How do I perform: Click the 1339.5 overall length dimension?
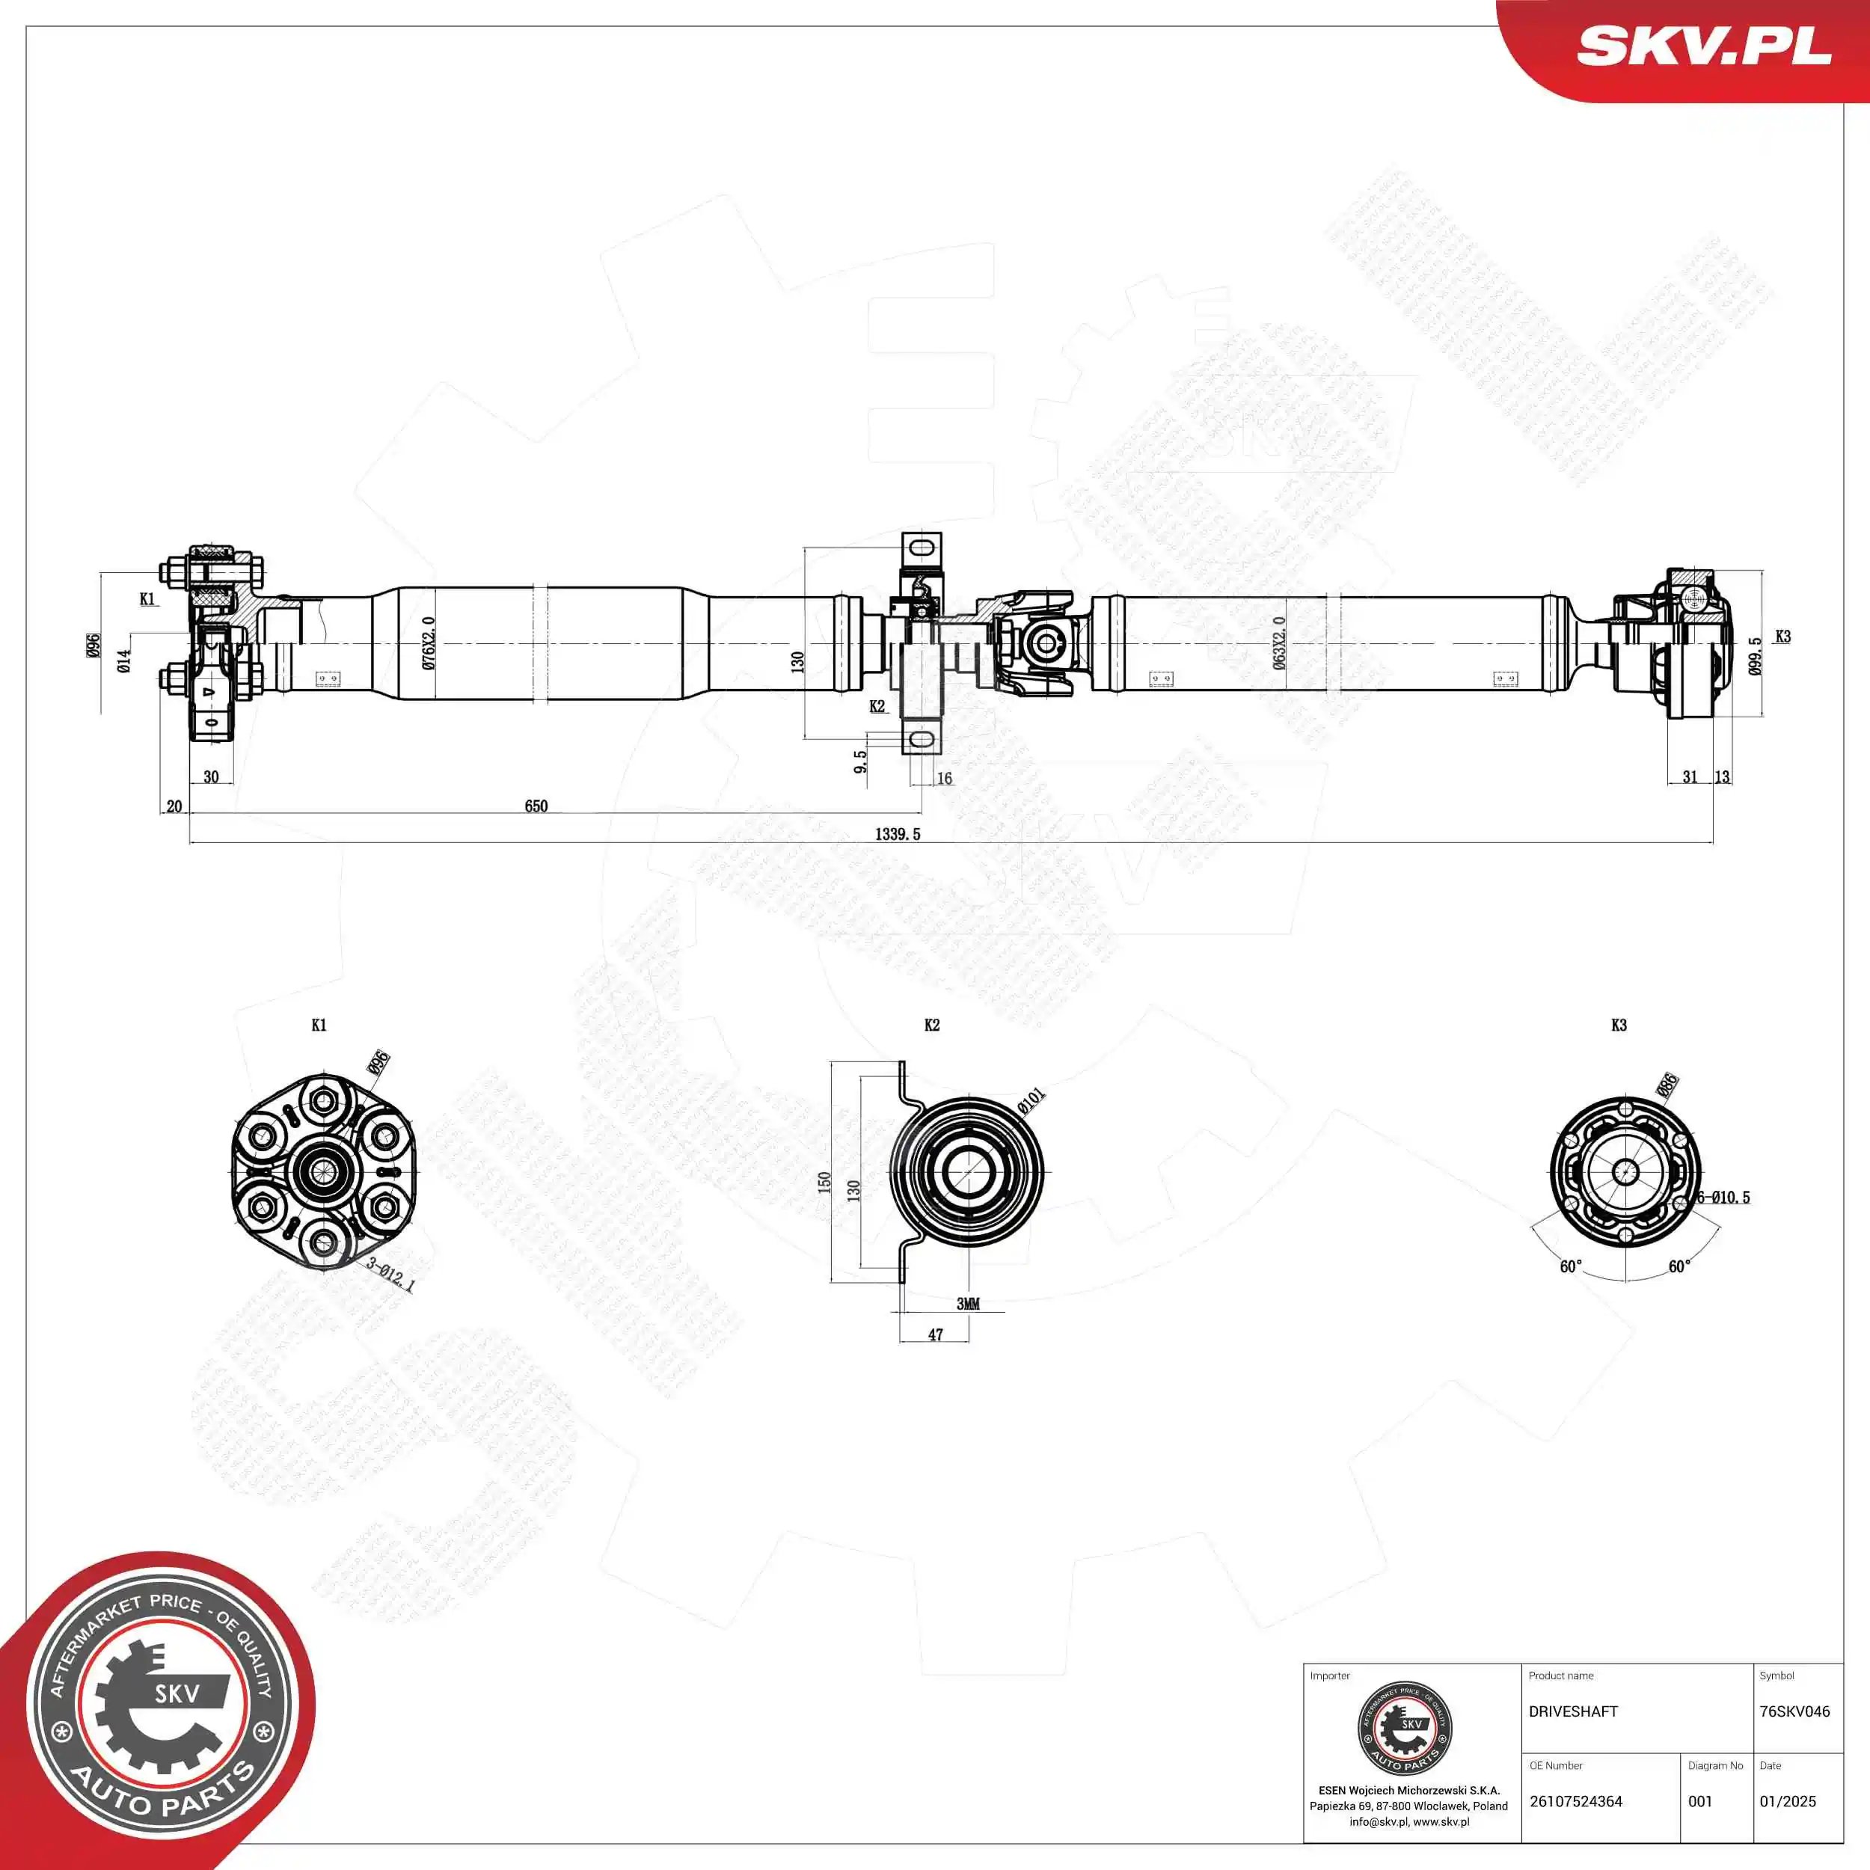[x=898, y=833]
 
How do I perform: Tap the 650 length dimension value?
[x=536, y=806]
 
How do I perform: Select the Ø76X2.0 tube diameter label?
[x=429, y=643]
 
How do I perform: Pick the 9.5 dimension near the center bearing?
[x=860, y=761]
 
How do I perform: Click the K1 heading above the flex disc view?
[x=319, y=1025]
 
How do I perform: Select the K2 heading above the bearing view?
[x=932, y=1025]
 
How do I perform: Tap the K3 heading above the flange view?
[x=1619, y=1025]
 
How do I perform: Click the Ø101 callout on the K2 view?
[x=1031, y=1100]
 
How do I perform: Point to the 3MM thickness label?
[x=968, y=1304]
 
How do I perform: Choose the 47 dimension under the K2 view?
[x=935, y=1334]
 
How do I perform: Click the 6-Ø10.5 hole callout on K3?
[x=1724, y=1198]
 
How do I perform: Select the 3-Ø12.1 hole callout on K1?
[x=390, y=1275]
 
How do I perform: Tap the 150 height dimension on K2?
[x=824, y=1182]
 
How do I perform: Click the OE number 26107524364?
[x=1576, y=1801]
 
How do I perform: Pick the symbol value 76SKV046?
[x=1794, y=1711]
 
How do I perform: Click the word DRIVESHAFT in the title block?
[x=1573, y=1711]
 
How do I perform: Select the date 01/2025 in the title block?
[x=1788, y=1801]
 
